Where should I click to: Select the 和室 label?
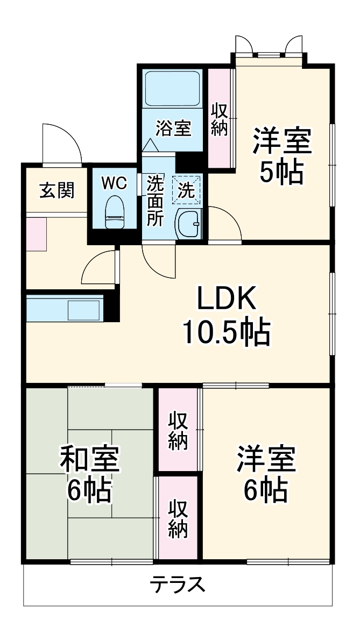[x=89, y=460]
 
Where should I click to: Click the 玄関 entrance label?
[x=57, y=189]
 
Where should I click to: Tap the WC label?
[x=114, y=183]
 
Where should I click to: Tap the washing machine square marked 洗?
[x=187, y=189]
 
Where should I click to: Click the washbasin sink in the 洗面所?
[x=188, y=221]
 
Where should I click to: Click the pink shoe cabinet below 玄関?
[x=37, y=234]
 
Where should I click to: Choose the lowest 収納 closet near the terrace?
[x=177, y=519]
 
